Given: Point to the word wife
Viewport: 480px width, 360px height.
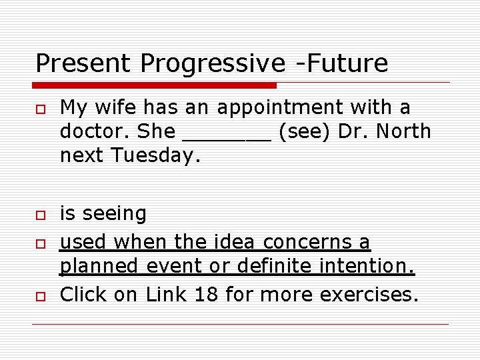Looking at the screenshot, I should pyautogui.click(x=123, y=107).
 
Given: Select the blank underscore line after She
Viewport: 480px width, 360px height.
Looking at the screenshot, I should pyautogui.click(x=226, y=133).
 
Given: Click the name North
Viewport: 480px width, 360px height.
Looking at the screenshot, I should pyautogui.click(x=403, y=131).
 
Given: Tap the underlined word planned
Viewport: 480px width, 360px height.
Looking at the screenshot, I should pyautogui.click(x=99, y=267).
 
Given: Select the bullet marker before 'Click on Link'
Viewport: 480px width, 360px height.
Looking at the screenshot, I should pyautogui.click(x=40, y=295).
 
